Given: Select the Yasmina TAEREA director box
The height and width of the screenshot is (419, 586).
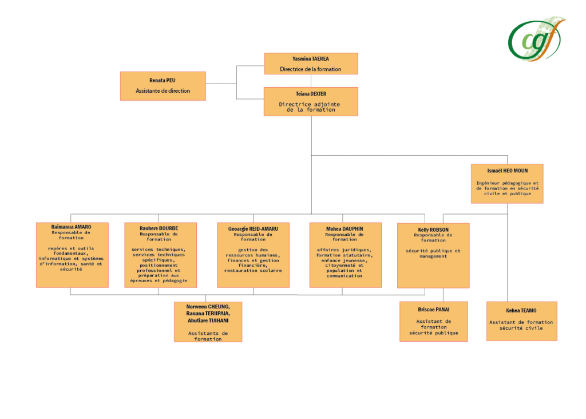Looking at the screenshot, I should (311, 64).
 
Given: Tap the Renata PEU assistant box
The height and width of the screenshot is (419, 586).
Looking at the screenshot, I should (163, 86).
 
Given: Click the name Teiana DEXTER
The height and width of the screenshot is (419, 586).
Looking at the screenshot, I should (310, 94).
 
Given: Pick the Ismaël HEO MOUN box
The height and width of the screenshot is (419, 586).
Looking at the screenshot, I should (506, 183).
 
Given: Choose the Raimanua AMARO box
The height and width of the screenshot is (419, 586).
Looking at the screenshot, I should (72, 255).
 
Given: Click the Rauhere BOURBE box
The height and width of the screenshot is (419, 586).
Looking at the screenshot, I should (160, 255).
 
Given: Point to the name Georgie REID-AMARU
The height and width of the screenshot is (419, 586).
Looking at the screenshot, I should (253, 228).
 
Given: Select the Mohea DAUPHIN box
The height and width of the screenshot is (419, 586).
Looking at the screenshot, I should (345, 255).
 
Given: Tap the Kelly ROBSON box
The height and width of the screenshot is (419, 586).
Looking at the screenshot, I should (433, 255).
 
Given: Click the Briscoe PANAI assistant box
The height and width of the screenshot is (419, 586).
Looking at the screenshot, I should (433, 321).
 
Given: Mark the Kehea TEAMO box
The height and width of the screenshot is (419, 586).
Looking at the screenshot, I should (521, 321).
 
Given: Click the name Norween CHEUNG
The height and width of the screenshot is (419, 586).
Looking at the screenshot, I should (208, 307).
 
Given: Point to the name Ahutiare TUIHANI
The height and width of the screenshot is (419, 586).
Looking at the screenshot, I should (208, 322).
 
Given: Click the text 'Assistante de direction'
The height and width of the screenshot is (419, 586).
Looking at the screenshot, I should (163, 91).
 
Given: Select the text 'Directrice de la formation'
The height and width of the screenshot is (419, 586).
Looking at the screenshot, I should (310, 69).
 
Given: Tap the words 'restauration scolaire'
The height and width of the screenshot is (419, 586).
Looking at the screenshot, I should (253, 271).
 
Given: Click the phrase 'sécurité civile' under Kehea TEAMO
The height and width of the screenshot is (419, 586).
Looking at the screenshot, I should (521, 328).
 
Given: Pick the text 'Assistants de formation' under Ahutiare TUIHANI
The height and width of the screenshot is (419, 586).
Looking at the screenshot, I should (208, 336).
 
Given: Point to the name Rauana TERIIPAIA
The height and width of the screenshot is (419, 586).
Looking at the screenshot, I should (208, 314).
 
